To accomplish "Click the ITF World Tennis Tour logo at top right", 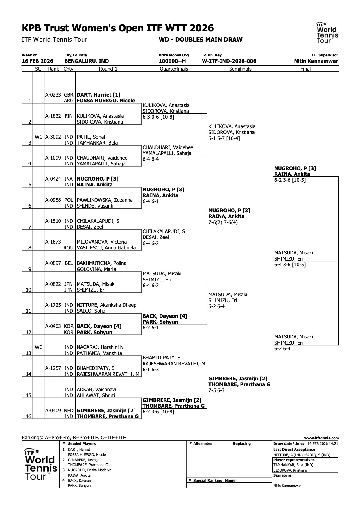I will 327,33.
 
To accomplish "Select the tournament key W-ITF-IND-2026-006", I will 229,61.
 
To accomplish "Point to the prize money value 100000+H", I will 172,61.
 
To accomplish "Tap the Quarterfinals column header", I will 174,69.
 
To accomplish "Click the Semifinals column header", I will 240,69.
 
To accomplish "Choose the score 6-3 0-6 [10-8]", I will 158,117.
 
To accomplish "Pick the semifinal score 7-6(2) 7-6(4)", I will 223,222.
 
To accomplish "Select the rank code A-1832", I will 53,116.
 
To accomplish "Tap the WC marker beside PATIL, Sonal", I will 39,137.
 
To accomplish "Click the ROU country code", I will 69,248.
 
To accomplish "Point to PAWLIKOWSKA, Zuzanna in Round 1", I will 105,200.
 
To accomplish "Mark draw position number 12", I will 28,332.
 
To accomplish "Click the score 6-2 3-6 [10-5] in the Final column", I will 290,180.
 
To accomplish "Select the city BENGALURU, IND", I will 87,61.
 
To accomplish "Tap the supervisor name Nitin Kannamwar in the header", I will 316,61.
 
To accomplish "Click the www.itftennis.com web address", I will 321,438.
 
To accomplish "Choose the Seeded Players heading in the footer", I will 82,444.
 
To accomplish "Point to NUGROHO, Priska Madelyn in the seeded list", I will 89,470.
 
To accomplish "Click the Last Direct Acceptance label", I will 294,450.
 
